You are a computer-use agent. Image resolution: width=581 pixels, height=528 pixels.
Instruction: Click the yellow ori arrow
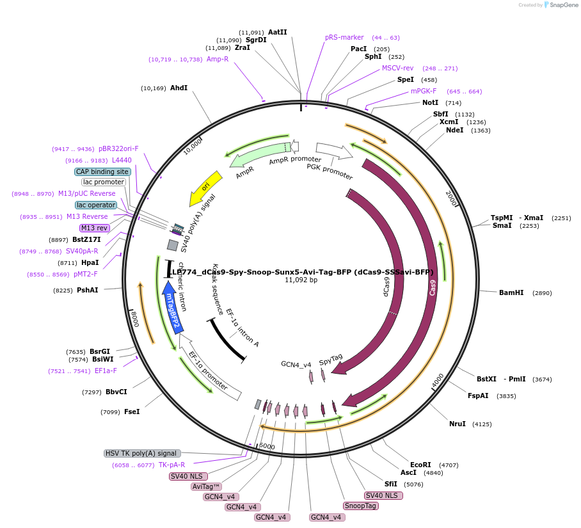pos(205,188)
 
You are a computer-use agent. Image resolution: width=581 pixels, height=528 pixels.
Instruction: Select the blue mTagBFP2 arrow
pos(170,307)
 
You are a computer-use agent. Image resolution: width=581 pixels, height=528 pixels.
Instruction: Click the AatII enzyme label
pos(278,32)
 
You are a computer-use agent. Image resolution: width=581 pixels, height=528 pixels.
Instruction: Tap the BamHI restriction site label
pos(511,292)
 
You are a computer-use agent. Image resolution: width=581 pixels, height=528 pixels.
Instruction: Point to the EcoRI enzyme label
pos(420,465)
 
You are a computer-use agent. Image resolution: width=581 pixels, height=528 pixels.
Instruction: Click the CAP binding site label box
pos(102,172)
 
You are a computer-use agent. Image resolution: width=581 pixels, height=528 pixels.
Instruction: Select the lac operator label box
pos(96,205)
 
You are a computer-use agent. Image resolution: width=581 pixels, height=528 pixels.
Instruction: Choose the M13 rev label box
pos(94,228)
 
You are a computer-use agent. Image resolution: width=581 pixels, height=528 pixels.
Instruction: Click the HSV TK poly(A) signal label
pos(142,453)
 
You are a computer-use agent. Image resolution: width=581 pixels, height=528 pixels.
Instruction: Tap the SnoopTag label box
pos(361,506)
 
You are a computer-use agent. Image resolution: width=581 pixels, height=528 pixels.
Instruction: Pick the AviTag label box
pos(206,486)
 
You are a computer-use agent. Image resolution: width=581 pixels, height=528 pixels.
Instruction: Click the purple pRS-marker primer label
pos(344,37)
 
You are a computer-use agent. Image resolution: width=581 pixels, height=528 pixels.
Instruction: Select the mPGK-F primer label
pos(424,91)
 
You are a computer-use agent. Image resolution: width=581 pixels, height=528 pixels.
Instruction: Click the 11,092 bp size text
pos(301,280)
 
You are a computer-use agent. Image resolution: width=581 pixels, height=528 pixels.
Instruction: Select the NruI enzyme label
pos(458,424)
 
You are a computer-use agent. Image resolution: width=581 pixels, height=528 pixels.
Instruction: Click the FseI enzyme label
pos(132,412)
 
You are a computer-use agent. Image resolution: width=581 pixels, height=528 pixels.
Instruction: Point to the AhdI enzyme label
pos(179,88)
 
